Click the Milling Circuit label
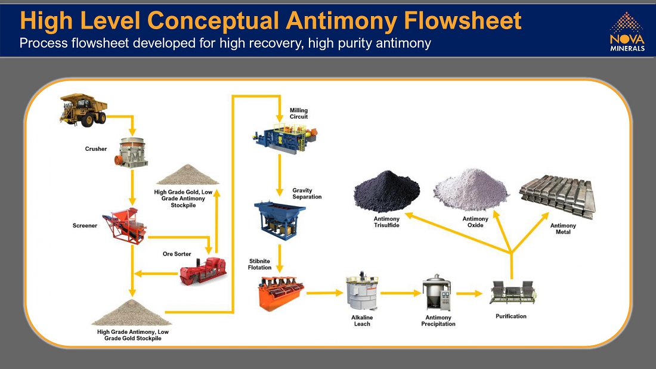coord(299,113)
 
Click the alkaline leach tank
coord(361,292)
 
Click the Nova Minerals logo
coord(627,32)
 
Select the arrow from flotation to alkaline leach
coord(324,293)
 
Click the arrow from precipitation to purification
coord(469,293)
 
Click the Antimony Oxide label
coord(475,222)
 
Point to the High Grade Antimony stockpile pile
coord(129,312)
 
